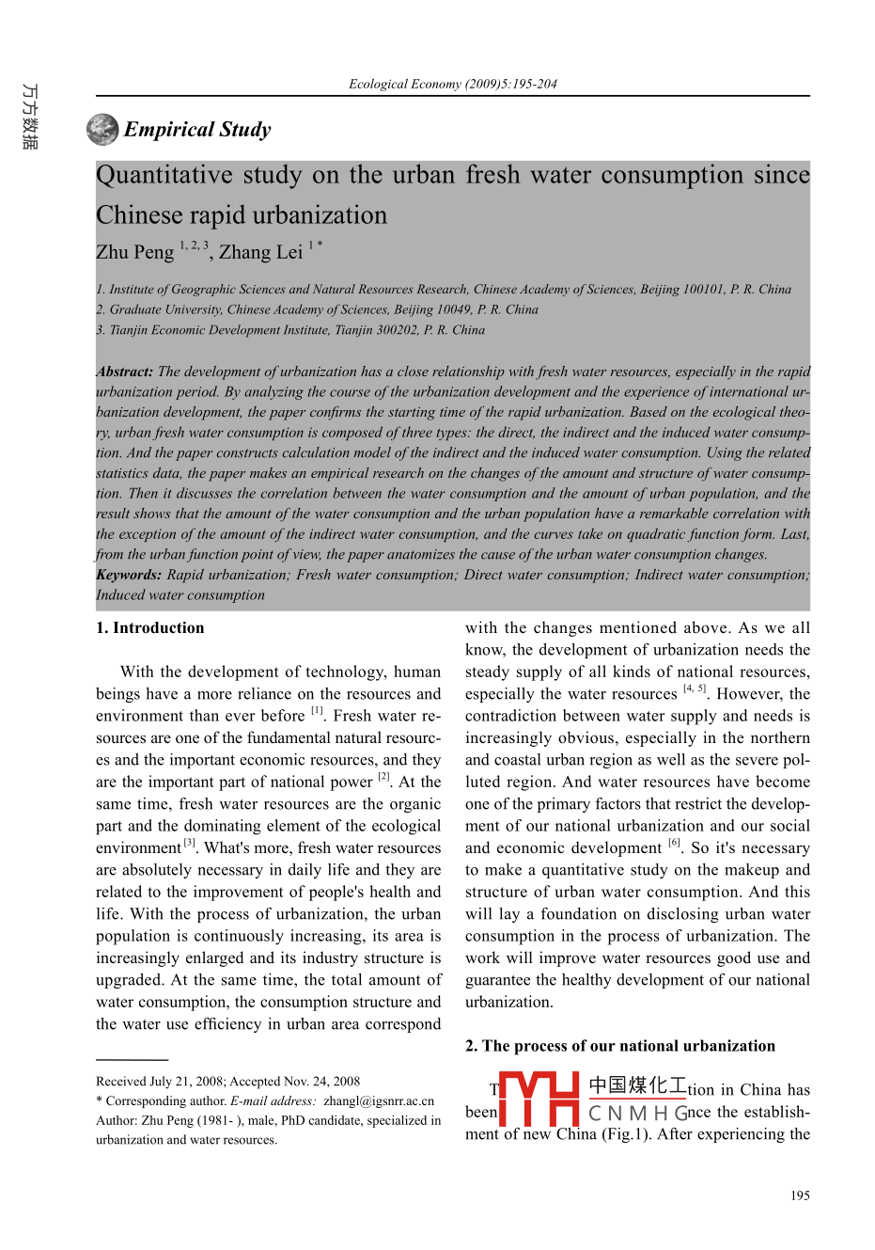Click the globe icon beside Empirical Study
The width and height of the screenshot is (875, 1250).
(x=102, y=130)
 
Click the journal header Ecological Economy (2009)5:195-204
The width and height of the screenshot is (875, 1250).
(x=452, y=84)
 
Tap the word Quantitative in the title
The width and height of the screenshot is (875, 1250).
(x=164, y=176)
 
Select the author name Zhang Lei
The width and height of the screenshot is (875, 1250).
(x=260, y=252)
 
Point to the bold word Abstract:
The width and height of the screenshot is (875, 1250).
(x=124, y=372)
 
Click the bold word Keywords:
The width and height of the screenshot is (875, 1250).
(x=129, y=575)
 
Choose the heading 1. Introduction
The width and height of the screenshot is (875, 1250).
(x=149, y=628)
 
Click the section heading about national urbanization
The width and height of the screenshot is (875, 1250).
(x=620, y=1046)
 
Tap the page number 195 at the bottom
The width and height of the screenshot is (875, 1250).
(x=800, y=1195)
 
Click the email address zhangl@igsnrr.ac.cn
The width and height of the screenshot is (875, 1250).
(x=379, y=1101)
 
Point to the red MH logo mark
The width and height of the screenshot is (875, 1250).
(x=539, y=1099)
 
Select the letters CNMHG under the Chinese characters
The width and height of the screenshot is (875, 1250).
(x=636, y=1114)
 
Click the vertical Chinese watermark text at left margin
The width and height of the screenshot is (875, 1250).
(x=30, y=117)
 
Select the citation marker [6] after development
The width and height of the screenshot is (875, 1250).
(x=674, y=843)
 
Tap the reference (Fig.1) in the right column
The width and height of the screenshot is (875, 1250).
(x=625, y=1134)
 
